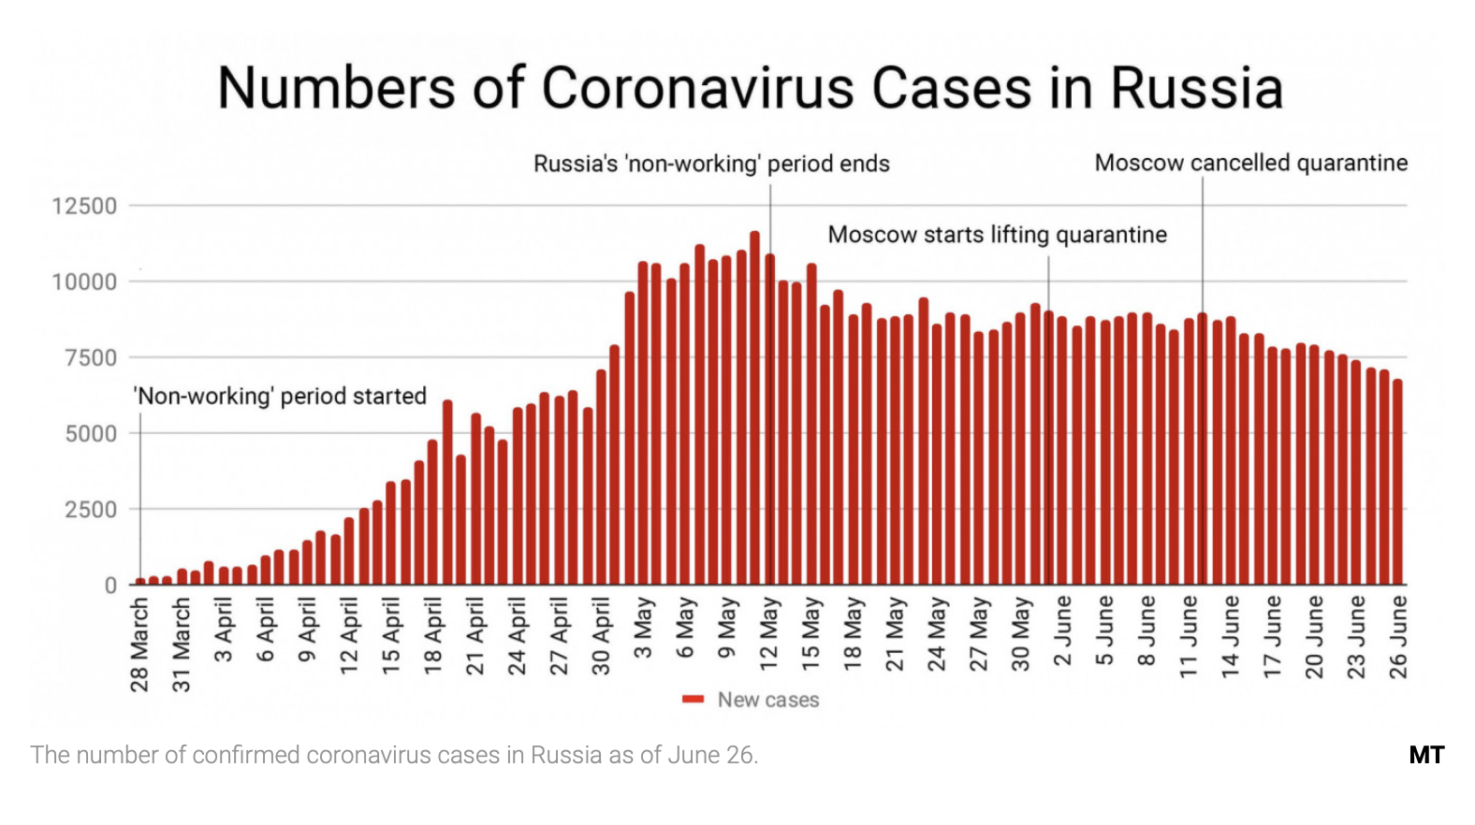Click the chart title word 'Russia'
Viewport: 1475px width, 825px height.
click(1195, 89)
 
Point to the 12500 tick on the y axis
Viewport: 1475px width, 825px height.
click(84, 206)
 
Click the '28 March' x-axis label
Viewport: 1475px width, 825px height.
click(139, 645)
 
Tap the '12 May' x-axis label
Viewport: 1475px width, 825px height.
click(768, 633)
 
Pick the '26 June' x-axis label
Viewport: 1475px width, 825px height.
click(1397, 636)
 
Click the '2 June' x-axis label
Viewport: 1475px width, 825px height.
click(1062, 631)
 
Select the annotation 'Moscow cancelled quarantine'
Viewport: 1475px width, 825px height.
click(1250, 163)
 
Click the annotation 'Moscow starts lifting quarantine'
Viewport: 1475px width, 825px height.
click(997, 235)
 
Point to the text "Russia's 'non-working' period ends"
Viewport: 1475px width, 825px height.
click(711, 164)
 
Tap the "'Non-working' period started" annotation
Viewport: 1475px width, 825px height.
click(280, 396)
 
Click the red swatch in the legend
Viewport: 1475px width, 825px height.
click(693, 700)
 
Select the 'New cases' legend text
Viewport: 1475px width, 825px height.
click(767, 700)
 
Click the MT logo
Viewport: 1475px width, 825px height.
click(1425, 755)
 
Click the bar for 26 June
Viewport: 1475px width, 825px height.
click(1397, 482)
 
